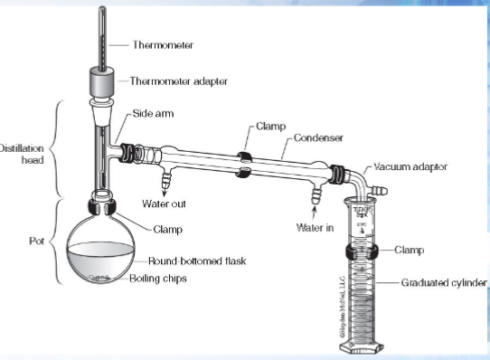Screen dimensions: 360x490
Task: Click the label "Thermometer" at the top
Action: coord(163,43)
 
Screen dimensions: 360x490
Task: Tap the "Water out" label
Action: coord(165,203)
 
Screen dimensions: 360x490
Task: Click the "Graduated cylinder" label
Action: coord(443,282)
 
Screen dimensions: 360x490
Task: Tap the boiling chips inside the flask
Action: coord(100,279)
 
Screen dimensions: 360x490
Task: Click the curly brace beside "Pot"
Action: coord(54,242)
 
